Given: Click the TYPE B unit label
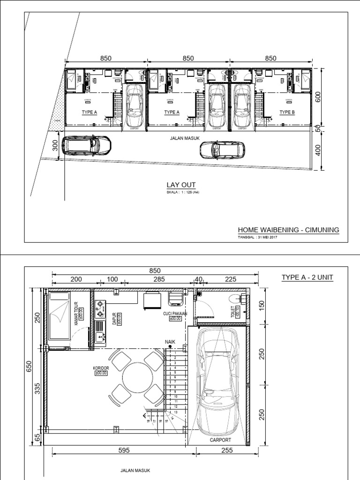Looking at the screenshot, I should pos(287,112).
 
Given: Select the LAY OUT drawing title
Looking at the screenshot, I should pos(181,185).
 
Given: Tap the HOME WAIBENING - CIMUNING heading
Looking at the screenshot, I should pos(288,230).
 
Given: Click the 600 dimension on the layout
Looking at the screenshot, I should pos(318,97).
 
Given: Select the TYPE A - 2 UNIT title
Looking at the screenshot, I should pos(307,277).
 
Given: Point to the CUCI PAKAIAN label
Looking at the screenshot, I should pos(176,314).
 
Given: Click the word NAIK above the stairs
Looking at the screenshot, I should pos(170,342).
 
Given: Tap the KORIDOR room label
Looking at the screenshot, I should pos(101,369).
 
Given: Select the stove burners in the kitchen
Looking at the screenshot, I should pos(100,307).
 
